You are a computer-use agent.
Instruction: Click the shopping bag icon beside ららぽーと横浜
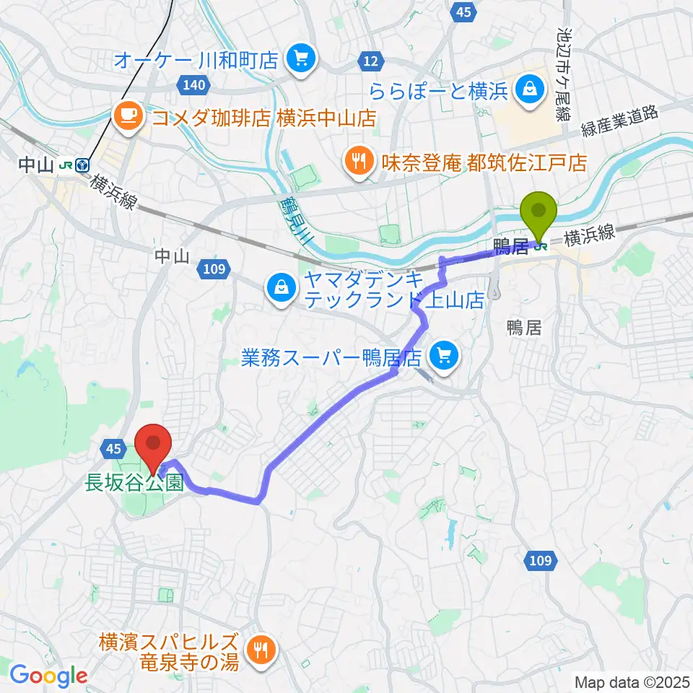pos(530,90)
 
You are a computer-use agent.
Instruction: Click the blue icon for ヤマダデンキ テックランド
pos(279,288)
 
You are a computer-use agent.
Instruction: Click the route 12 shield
pos(370,62)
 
